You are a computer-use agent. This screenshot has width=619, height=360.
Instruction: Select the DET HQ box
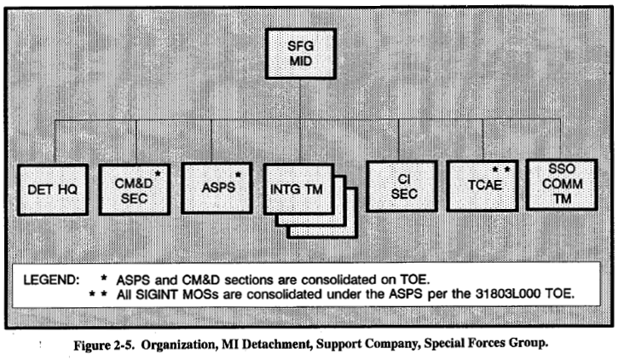[53, 187]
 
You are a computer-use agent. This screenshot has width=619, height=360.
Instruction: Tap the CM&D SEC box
[134, 186]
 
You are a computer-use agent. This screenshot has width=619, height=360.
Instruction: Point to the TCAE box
[481, 186]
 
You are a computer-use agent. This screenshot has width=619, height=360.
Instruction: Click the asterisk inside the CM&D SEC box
[159, 174]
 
